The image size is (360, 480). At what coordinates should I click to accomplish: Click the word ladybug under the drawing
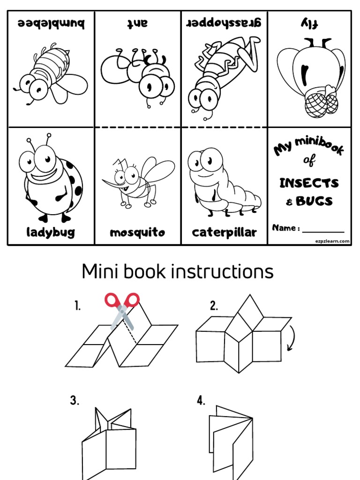51,232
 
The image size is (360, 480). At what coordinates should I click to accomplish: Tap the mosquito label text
137,232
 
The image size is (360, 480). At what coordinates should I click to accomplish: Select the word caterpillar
225,232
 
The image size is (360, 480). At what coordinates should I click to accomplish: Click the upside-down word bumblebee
51,23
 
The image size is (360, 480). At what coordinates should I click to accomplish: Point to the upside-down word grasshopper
224,23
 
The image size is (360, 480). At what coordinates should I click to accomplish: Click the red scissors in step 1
123,309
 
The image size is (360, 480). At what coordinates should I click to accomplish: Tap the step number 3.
75,401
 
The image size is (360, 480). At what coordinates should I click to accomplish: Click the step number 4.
201,401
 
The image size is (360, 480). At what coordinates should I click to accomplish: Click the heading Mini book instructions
178,271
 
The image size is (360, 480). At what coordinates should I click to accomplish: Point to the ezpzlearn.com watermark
332,240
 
